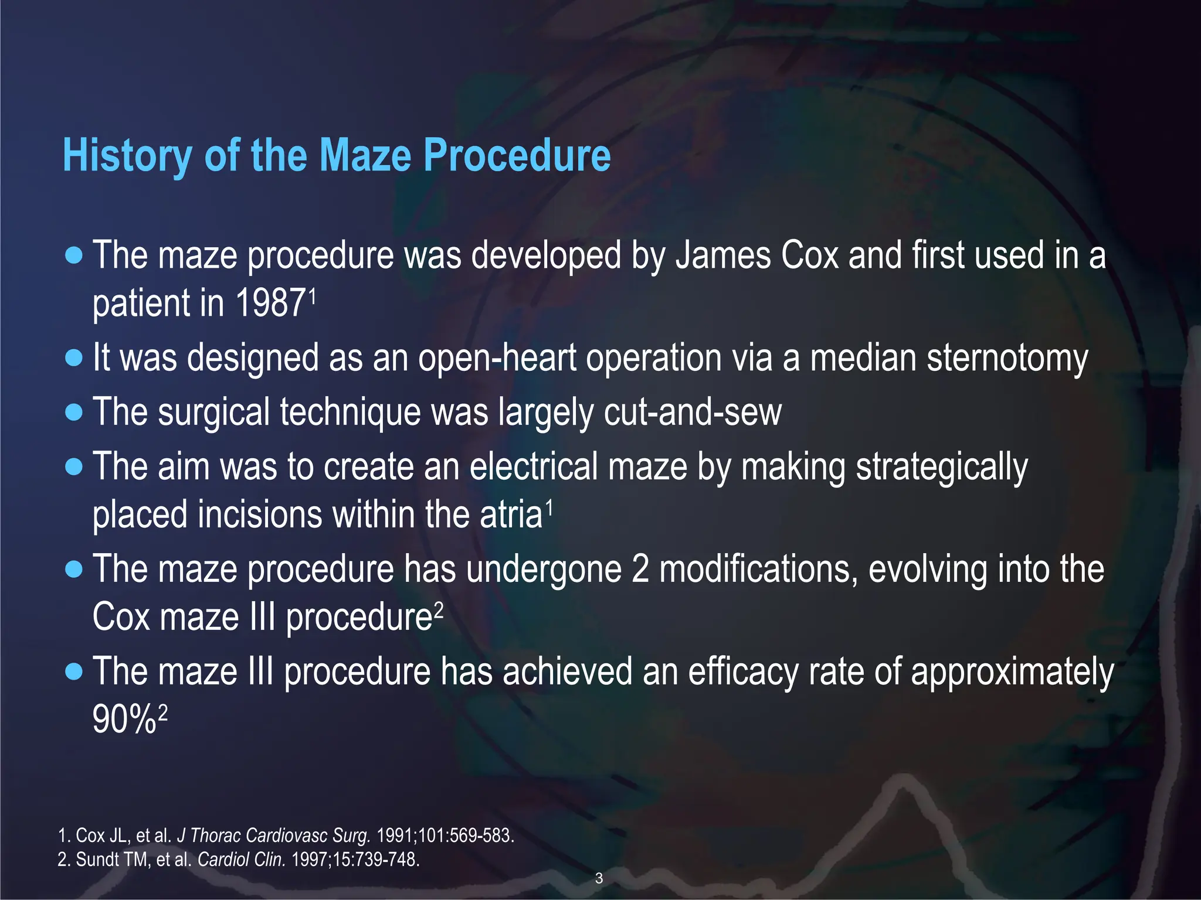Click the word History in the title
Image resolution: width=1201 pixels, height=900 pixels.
point(127,156)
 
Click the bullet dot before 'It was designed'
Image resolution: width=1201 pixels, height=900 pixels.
point(74,357)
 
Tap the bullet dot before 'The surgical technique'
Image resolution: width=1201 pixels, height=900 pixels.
point(74,412)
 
